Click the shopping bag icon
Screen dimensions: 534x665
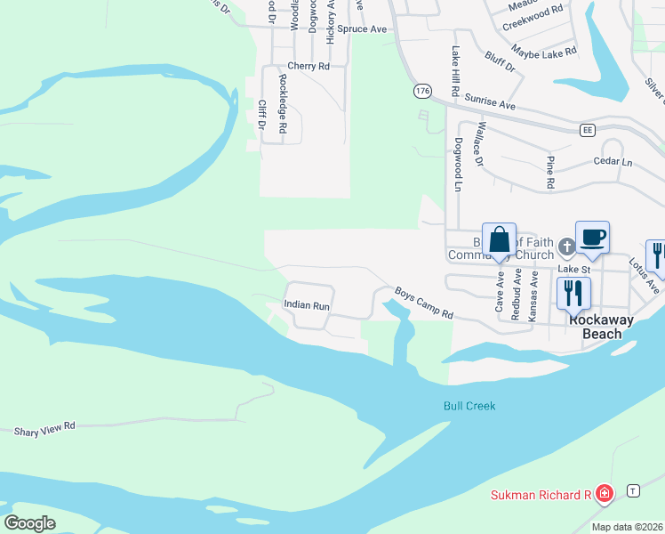tap(499, 240)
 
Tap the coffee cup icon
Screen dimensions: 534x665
tap(592, 238)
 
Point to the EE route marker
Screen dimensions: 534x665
tap(586, 130)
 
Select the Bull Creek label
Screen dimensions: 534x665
tap(469, 406)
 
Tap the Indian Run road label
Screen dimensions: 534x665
tap(307, 305)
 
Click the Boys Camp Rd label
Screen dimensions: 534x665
tap(424, 303)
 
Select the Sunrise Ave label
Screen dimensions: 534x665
tap(489, 104)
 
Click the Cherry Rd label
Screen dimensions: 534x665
tap(308, 66)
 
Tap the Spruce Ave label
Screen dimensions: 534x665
tap(365, 29)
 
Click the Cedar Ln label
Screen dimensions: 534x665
tap(613, 163)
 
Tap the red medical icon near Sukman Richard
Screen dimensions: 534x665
tap(605, 493)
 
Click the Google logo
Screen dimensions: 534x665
tap(30, 522)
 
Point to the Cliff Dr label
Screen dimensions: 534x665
tap(262, 114)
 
